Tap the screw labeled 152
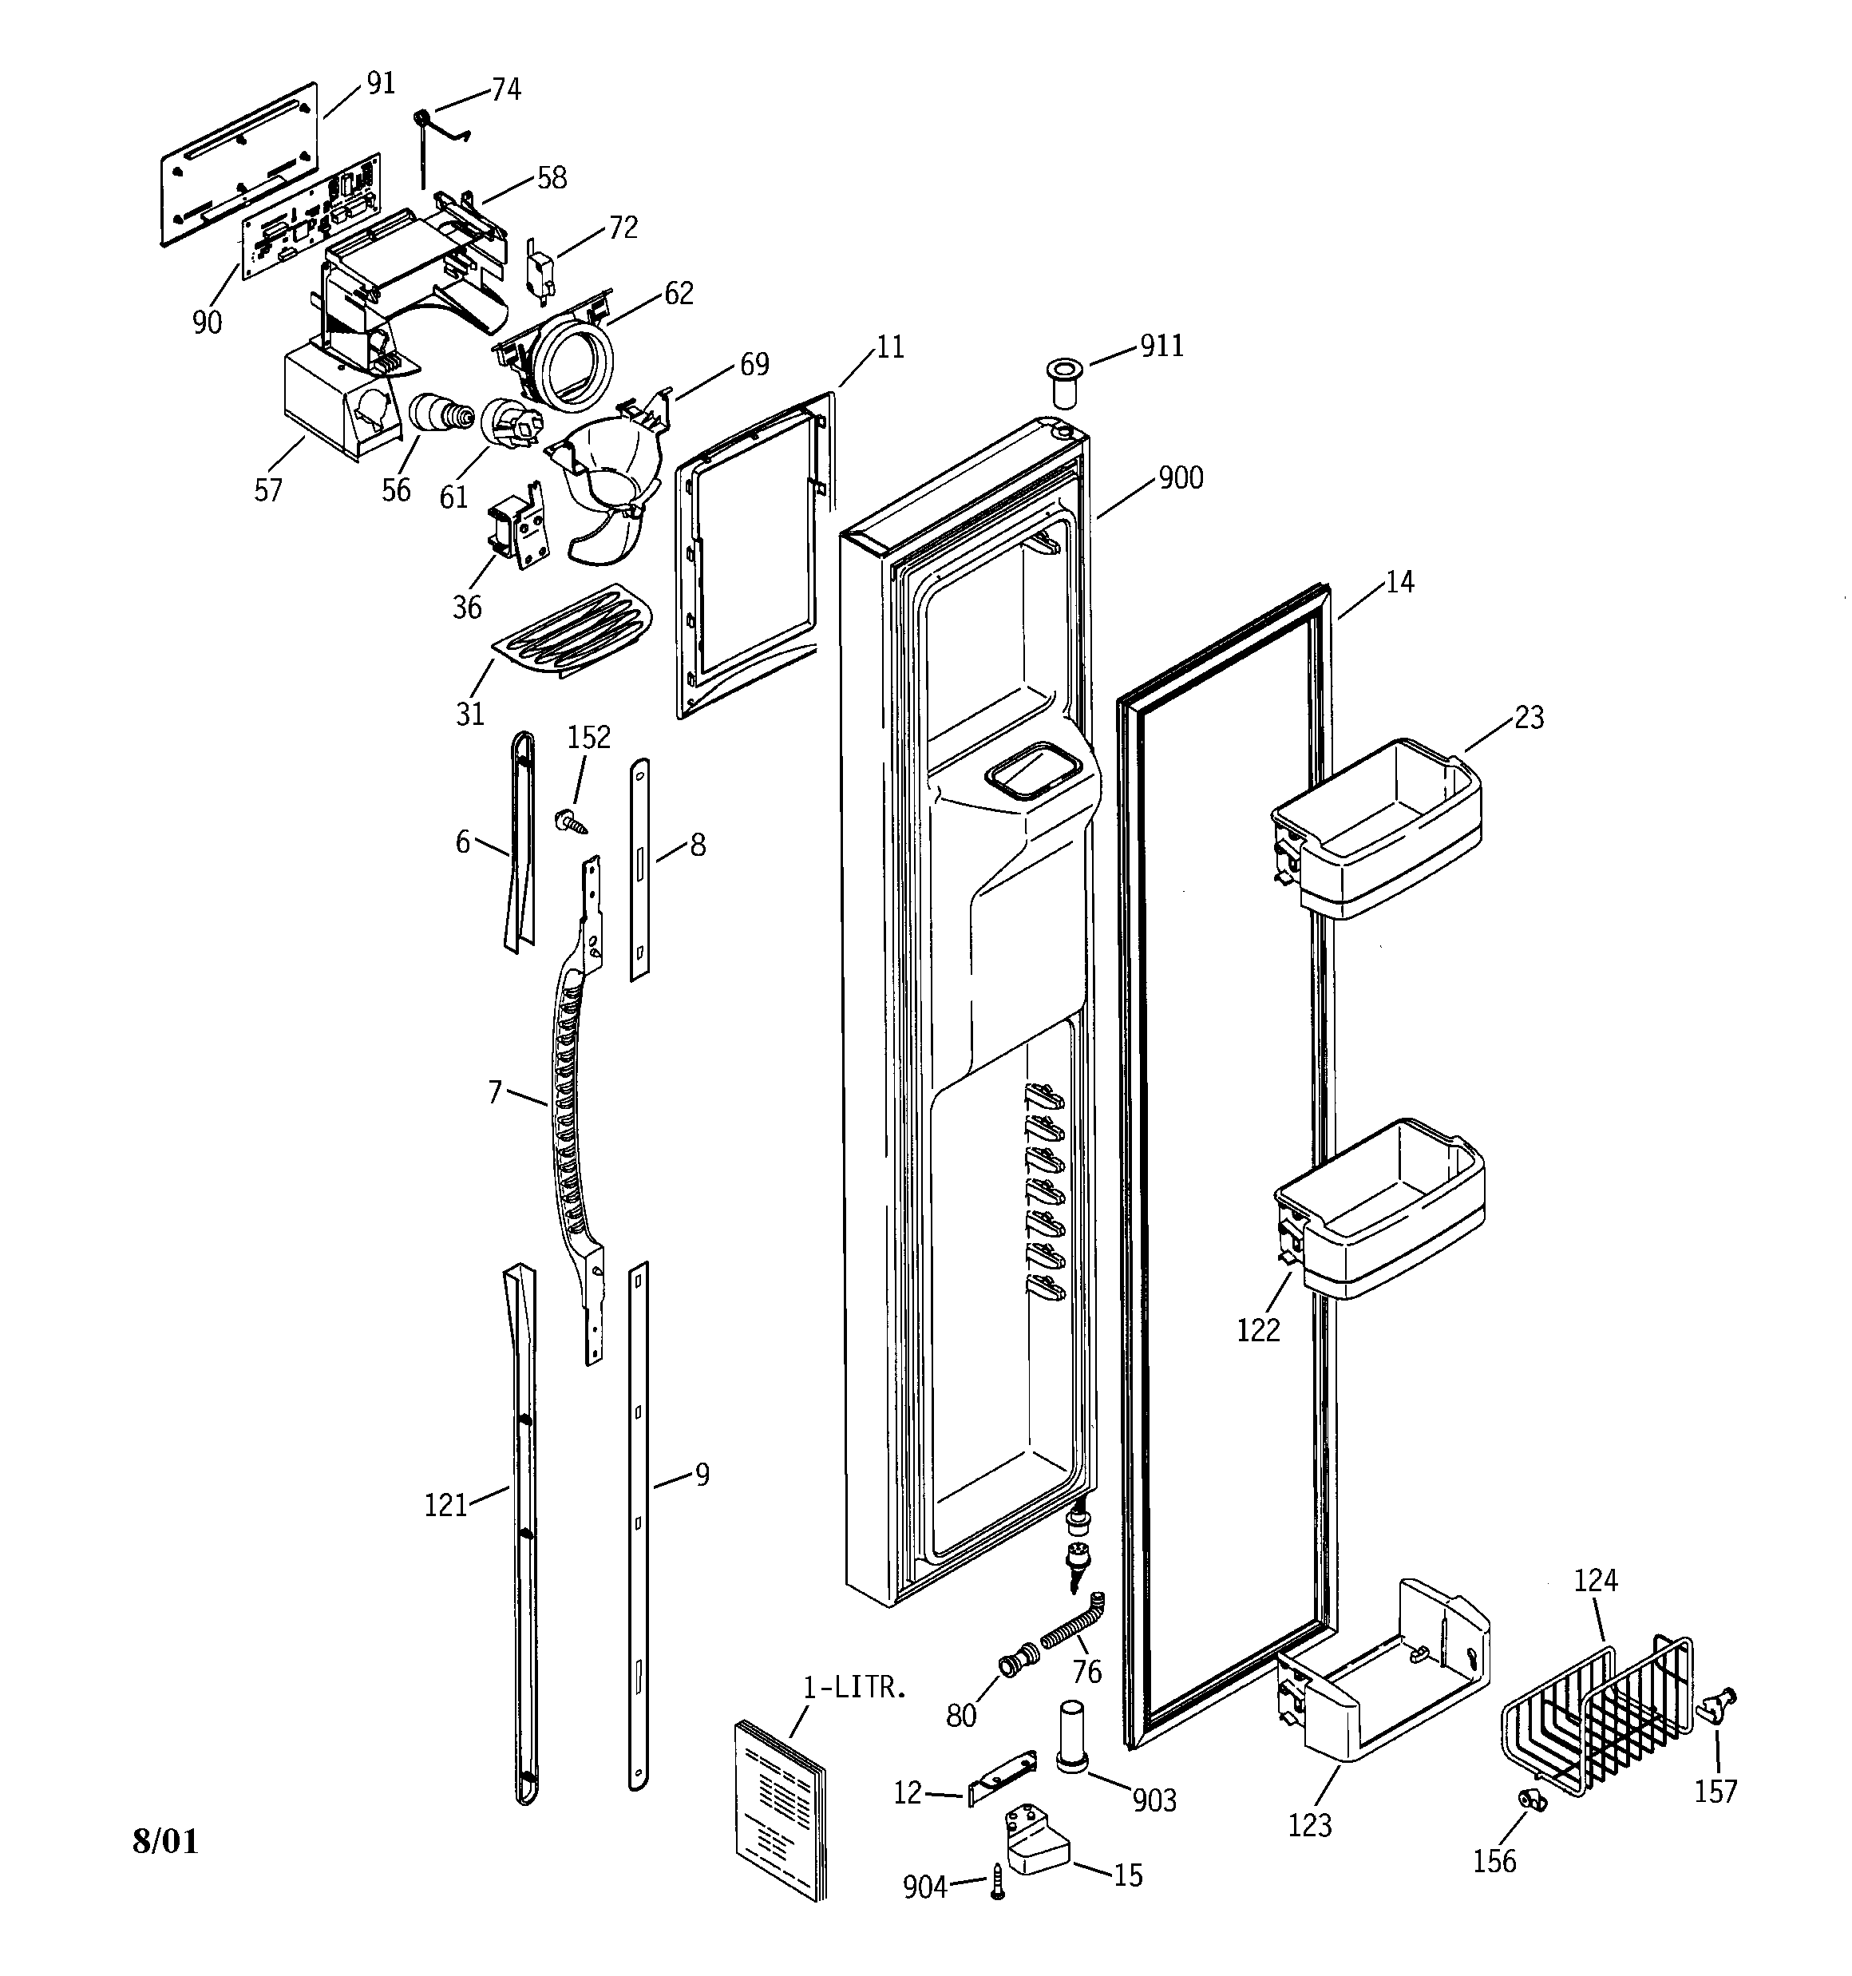571,821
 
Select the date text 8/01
165,1842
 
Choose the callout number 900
1180,478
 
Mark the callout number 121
445,1505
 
